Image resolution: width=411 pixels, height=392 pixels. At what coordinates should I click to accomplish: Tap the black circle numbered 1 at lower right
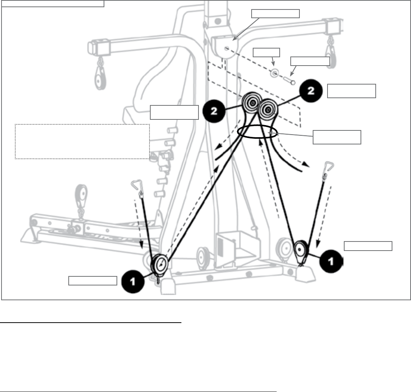click(331, 262)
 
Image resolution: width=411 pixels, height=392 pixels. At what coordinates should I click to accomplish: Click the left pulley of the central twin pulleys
click(251, 103)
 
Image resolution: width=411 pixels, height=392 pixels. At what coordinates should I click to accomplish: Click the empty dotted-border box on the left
click(82, 141)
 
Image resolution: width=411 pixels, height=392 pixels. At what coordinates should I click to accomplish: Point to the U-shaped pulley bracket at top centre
click(225, 47)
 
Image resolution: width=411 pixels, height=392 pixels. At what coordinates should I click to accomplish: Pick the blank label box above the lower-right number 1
click(368, 246)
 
